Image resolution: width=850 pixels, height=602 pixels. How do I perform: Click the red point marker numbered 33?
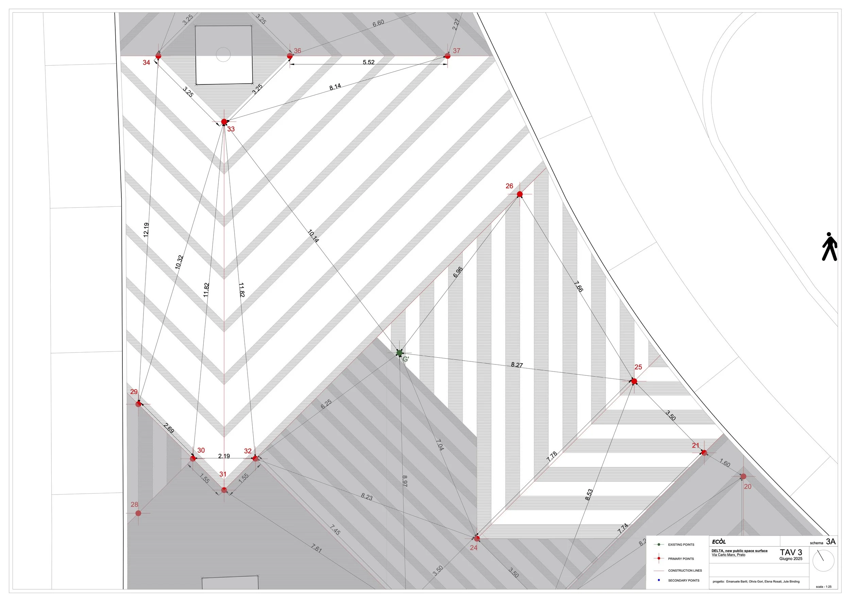point(224,121)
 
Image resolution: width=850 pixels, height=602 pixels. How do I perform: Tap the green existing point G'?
point(399,353)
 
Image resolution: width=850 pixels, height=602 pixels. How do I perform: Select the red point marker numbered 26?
point(520,194)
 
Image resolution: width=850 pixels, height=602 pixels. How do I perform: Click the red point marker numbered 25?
point(634,381)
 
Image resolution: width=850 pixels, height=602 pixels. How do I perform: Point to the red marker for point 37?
point(447,56)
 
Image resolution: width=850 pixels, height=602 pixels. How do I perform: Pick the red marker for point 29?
point(138,404)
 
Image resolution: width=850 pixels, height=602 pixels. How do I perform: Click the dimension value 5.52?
point(369,62)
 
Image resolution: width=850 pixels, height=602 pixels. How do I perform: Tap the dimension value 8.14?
point(335,87)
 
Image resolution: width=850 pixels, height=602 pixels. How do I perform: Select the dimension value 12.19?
point(146,229)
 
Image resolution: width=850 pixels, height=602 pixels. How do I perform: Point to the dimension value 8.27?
point(517,365)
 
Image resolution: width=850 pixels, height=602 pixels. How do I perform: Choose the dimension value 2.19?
point(224,456)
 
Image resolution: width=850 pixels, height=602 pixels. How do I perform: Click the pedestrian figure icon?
point(829,246)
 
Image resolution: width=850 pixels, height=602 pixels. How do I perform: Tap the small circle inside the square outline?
point(223,54)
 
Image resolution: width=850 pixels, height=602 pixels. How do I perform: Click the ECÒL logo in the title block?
point(718,541)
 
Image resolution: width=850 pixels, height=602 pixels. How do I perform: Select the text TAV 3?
point(791,552)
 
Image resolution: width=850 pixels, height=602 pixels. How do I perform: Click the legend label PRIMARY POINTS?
point(681,559)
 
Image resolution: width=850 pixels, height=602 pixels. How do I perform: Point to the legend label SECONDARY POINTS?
point(683,581)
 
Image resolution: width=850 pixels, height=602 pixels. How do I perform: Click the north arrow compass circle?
point(823,560)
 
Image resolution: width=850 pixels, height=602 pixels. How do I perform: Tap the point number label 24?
point(473,548)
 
